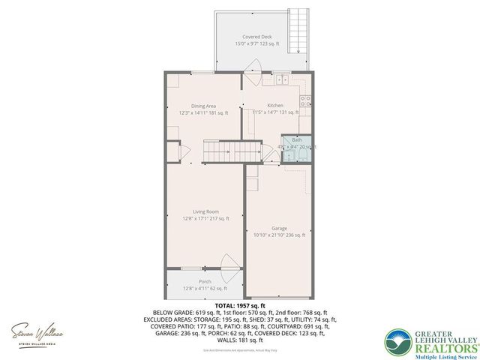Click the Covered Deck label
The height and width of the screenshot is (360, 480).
256,37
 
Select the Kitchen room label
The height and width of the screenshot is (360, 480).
275,106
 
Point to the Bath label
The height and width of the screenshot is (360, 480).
297,140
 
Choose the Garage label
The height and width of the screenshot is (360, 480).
279,229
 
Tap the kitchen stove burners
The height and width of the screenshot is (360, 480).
305,100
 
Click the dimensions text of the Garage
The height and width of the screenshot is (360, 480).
279,235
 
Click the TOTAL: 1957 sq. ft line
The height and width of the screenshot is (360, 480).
240,306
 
